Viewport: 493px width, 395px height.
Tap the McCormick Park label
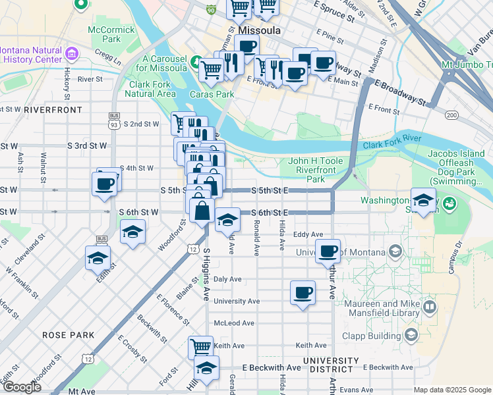tap(111, 34)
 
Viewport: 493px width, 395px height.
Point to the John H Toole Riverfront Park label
tap(316, 170)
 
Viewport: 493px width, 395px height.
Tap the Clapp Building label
tap(376, 335)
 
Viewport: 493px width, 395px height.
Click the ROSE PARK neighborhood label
tap(69, 335)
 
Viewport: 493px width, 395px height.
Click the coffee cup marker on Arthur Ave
tap(328, 251)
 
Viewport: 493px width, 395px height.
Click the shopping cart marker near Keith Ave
tap(201, 346)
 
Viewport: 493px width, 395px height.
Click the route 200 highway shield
tap(451, 115)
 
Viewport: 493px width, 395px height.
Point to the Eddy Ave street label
tap(308, 234)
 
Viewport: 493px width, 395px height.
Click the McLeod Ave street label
tap(234, 323)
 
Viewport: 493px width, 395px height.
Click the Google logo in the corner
tap(21, 387)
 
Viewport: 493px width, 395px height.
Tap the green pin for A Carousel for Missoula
tap(196, 63)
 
